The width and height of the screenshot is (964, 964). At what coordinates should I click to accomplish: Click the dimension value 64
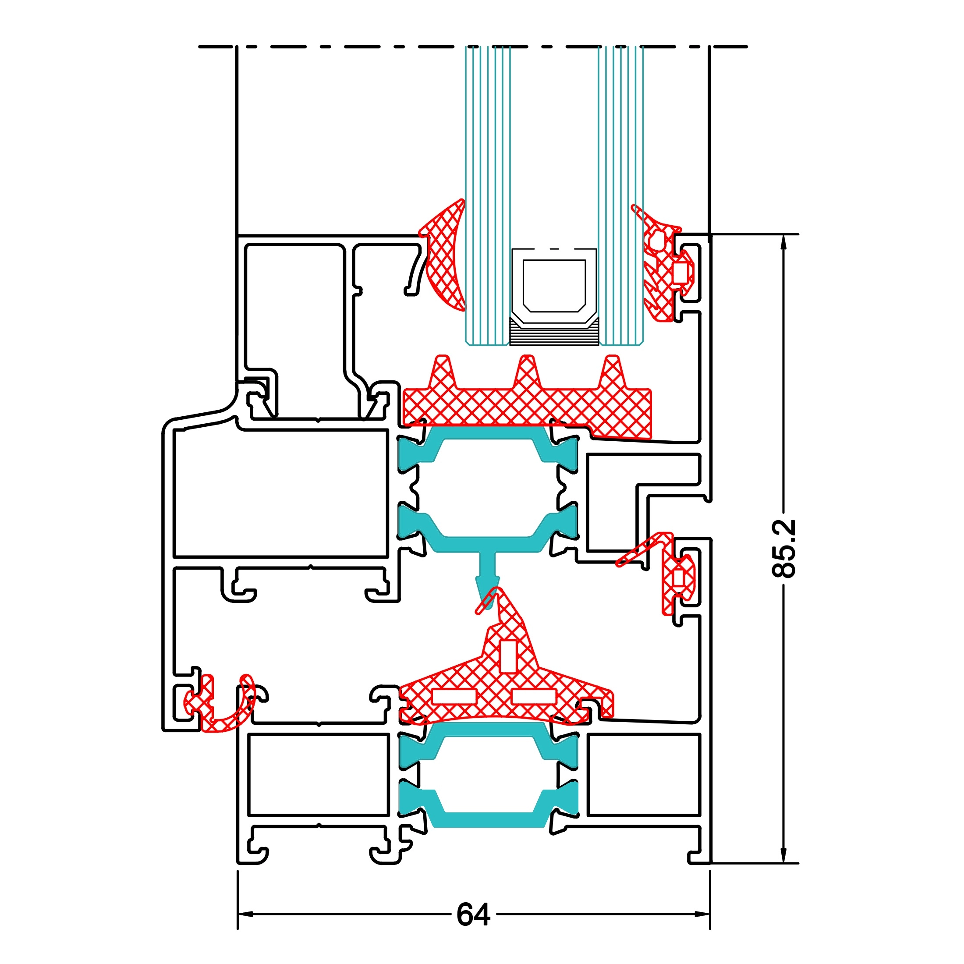473,914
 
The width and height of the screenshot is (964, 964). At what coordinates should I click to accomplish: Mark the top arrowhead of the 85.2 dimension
784,242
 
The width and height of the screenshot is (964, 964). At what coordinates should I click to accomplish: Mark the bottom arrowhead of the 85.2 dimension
784,855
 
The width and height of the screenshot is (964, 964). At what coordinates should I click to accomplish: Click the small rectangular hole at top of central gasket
508,656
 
